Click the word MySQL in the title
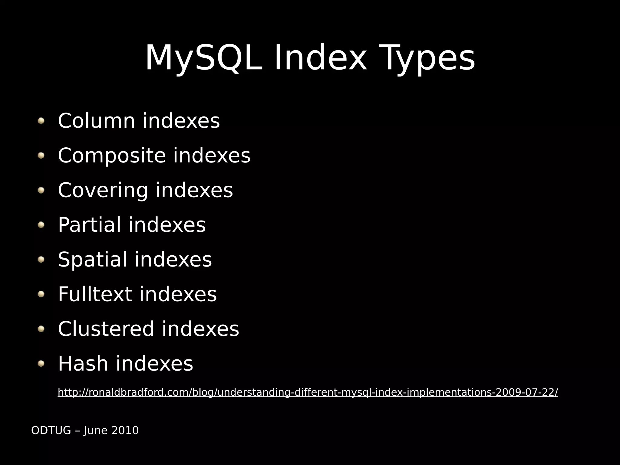point(203,58)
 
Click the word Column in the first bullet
point(96,121)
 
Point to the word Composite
point(111,156)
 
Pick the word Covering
point(103,190)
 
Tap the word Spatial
point(92,260)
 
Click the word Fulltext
point(95,294)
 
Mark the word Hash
point(83,363)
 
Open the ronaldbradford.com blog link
point(308,392)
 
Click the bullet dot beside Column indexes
point(41,121)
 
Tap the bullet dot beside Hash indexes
point(41,363)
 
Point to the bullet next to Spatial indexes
point(41,260)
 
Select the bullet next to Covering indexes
point(41,190)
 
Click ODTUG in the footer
point(51,431)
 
